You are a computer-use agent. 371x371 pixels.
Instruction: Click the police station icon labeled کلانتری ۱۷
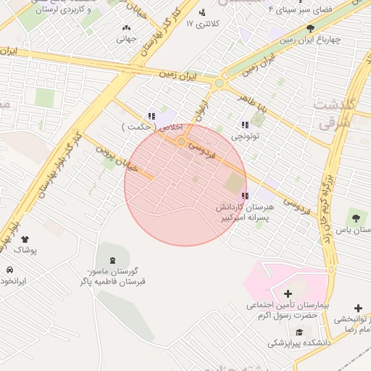[x=201, y=12]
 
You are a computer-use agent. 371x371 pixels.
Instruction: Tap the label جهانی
[x=126, y=38]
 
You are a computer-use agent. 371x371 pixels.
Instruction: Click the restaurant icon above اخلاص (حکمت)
[x=151, y=116]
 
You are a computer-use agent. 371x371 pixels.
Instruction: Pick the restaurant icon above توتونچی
[x=244, y=125]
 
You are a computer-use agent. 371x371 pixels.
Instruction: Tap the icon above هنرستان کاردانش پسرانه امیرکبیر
[x=244, y=196]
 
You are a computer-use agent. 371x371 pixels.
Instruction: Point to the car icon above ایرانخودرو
[x=9, y=270]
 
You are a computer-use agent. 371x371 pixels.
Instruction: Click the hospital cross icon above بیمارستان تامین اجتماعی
[x=288, y=293]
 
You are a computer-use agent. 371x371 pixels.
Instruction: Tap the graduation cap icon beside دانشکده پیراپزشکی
[x=299, y=332]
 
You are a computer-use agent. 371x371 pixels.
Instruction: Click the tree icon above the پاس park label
[x=355, y=217]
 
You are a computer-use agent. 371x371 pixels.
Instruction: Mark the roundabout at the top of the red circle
[x=180, y=141]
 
